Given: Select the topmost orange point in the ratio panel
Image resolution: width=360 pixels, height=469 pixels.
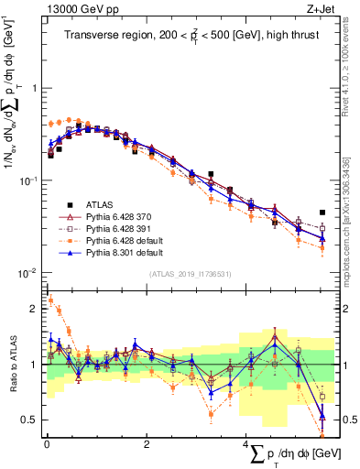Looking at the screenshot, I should [49, 300].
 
